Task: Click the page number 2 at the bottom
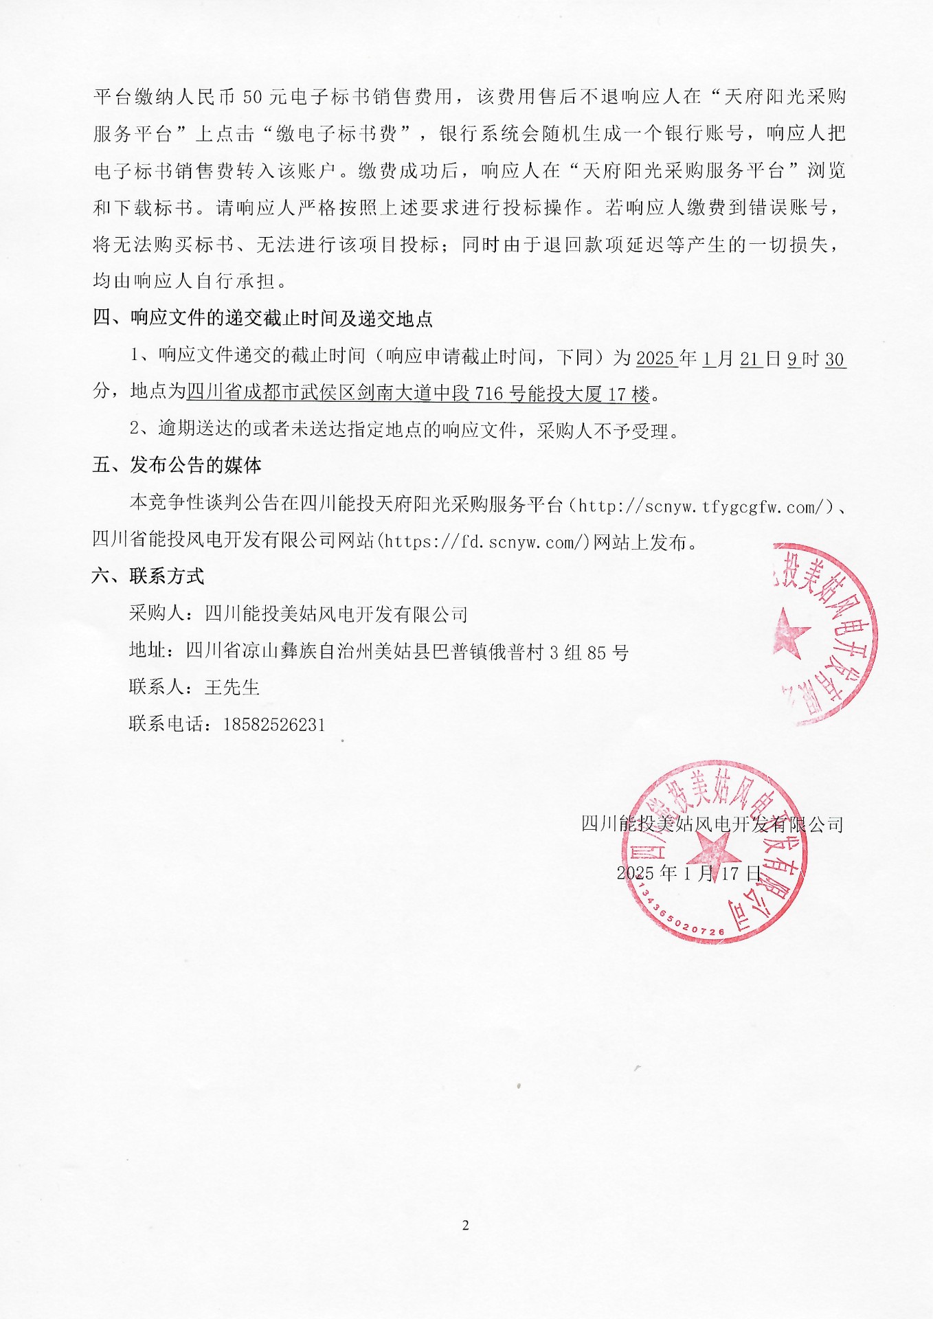466,1226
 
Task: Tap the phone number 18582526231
273,725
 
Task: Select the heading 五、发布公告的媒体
177,465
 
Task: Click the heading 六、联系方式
148,576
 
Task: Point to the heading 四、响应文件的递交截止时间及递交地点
262,318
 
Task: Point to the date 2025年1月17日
688,873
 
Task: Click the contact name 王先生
232,687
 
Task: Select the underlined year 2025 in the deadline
655,359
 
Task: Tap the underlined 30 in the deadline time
835,359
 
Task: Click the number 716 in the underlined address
489,394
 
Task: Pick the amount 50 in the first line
253,97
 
